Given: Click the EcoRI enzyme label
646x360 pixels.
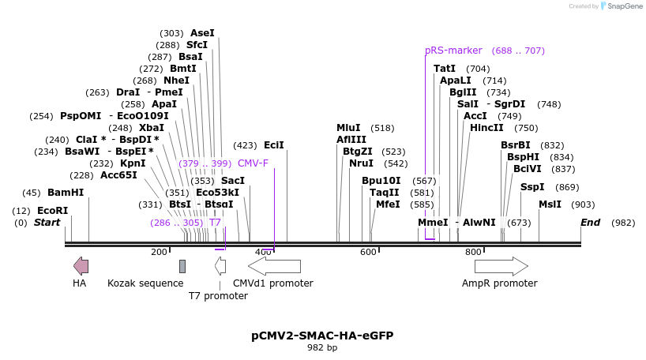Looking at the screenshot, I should (52, 211).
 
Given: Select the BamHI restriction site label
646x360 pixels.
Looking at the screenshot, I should (66, 193).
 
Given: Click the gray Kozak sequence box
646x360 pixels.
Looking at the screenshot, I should (182, 266).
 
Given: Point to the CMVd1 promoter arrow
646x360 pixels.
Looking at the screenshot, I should (274, 266).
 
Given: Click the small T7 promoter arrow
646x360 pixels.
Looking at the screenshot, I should (220, 266).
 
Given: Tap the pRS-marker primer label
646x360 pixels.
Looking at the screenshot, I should (453, 51).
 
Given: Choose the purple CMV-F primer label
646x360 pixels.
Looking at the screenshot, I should (253, 163).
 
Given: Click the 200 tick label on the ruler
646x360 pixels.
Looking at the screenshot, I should (159, 252).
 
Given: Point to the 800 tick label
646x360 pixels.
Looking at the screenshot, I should (473, 252).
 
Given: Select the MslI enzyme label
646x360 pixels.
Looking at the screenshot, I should (550, 204).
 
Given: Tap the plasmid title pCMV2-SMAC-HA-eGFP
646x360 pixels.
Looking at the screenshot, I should (322, 336).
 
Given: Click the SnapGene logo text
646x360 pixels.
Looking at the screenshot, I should (624, 6).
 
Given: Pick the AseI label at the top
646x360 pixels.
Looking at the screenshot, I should (202, 33).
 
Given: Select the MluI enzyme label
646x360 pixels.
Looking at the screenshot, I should (348, 128).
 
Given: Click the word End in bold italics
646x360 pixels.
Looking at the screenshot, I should (591, 223).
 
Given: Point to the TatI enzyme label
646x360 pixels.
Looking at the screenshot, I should (445, 69).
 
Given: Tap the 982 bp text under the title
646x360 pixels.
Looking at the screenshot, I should (322, 347).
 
